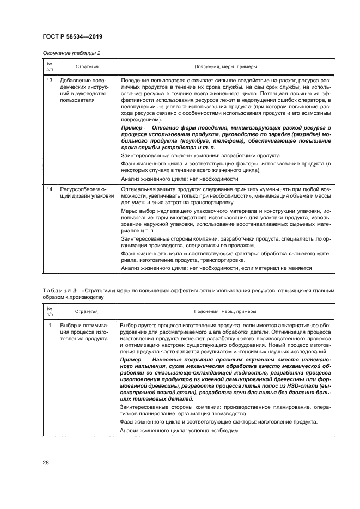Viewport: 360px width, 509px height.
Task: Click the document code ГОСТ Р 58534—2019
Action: point(72,36)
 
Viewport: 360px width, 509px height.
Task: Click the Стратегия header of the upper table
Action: point(87,66)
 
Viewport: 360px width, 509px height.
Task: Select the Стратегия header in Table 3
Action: point(87,311)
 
